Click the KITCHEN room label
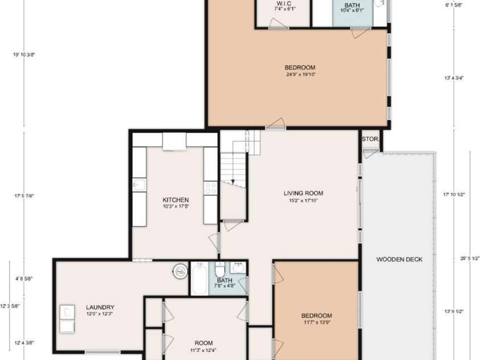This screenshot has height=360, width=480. point(175,200)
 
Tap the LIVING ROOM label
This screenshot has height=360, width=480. point(303,193)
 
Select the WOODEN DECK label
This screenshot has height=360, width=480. point(399,260)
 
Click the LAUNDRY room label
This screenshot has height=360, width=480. point(100,307)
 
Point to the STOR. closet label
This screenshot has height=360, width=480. point(370,138)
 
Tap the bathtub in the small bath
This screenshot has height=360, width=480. point(199,278)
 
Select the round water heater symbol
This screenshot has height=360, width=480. point(180,271)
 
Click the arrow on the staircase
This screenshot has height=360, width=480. point(232,181)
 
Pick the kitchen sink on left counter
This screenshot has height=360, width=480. point(139,185)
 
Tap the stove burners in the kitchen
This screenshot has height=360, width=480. point(211,188)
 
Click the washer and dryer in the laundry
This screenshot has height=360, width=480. point(67,318)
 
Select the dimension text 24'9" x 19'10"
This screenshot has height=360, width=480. point(300,74)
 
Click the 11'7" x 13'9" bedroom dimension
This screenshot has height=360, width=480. point(317,322)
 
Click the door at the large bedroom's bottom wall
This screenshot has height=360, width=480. point(276,124)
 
